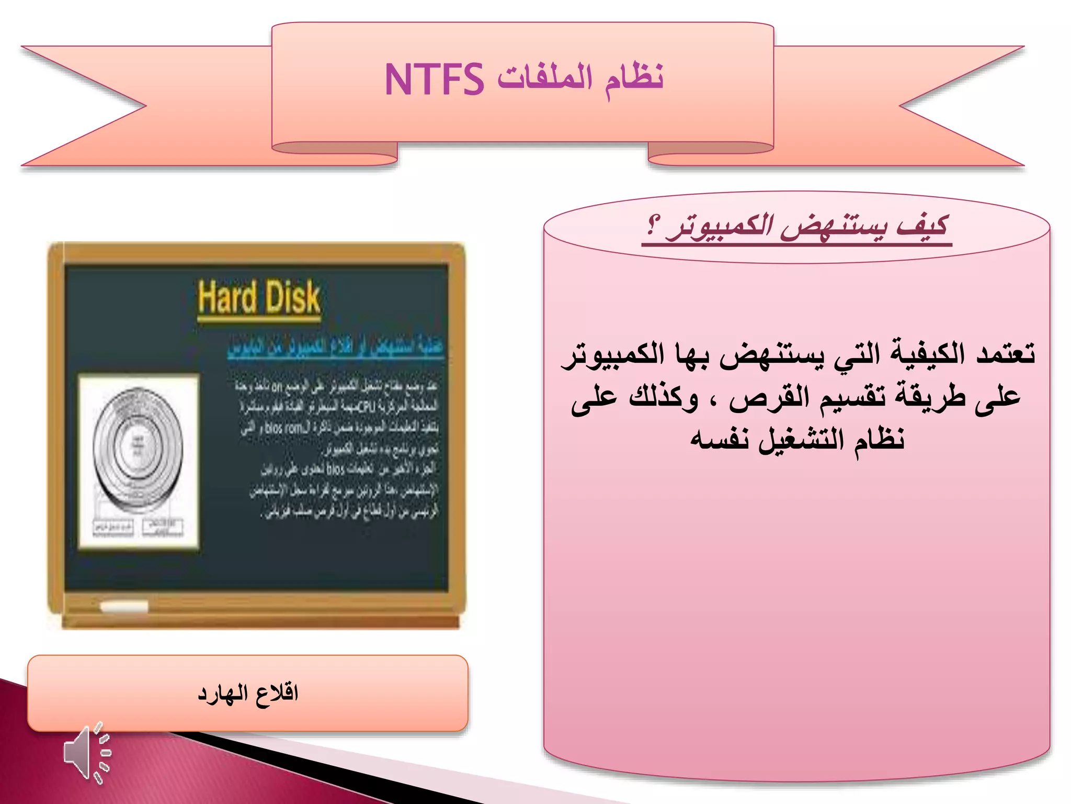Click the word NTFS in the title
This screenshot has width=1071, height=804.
point(434,80)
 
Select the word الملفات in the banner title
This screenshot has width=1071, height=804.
point(545,79)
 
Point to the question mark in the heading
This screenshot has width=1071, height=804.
point(653,226)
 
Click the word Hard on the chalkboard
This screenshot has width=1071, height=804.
point(228,297)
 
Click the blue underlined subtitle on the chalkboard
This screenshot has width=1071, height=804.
point(335,347)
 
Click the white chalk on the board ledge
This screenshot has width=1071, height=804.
point(124,607)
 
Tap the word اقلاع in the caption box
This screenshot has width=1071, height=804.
point(277,694)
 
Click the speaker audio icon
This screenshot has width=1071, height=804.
point(87,753)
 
